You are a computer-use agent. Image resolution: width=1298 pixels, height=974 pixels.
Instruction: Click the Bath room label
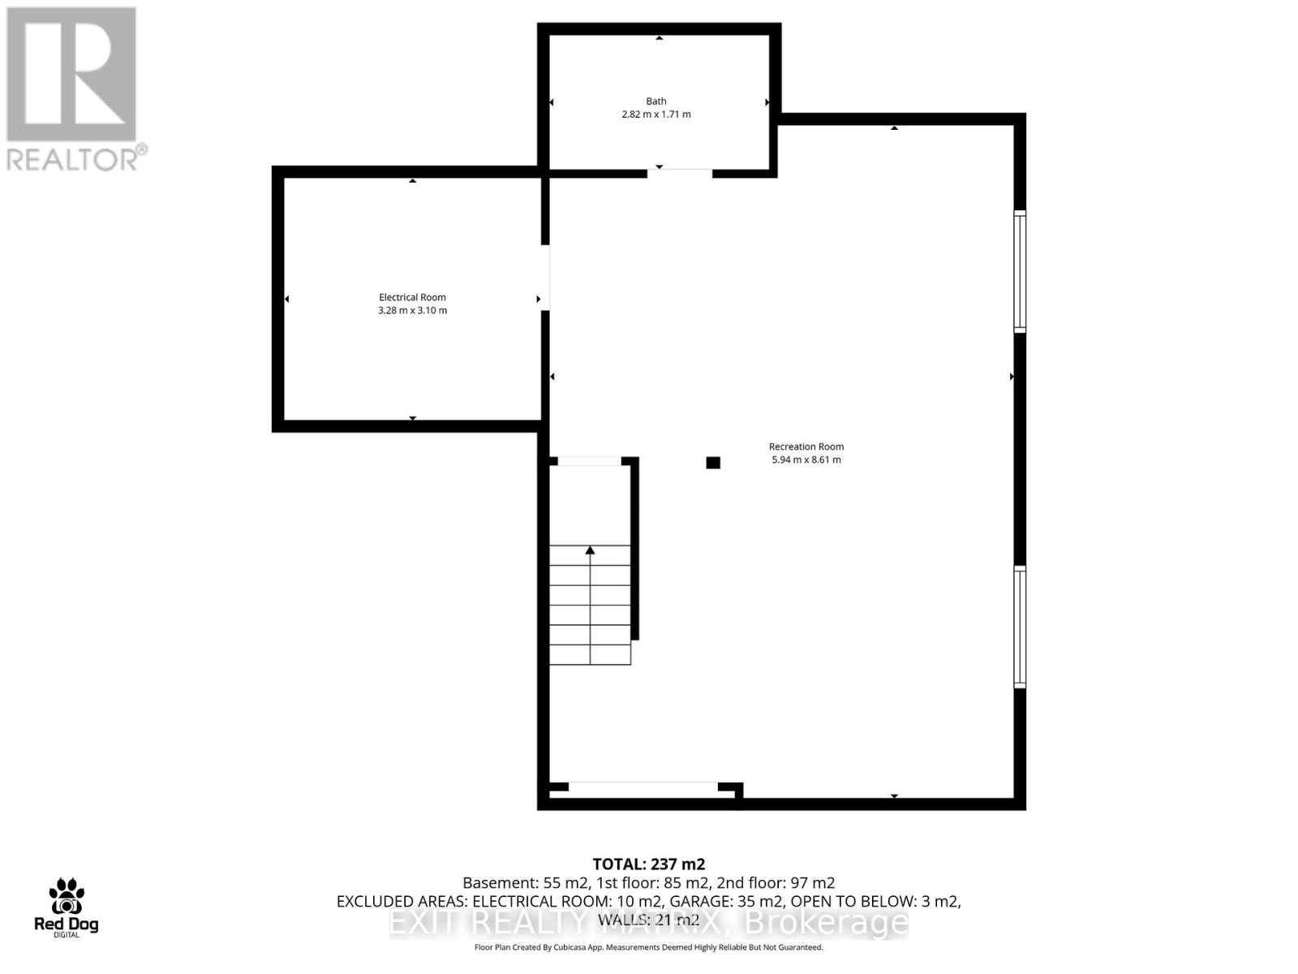point(655,101)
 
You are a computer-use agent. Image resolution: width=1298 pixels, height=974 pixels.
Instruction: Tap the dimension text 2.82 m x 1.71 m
point(655,114)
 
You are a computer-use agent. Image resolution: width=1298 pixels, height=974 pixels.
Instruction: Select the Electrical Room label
point(412,297)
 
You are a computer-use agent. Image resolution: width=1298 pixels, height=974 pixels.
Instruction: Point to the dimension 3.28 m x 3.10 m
point(412,310)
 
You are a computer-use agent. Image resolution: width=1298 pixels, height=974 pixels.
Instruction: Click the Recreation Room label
point(806,446)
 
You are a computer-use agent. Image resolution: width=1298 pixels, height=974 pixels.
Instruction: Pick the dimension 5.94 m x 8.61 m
point(806,459)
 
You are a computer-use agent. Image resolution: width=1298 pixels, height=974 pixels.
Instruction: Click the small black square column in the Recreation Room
point(713,463)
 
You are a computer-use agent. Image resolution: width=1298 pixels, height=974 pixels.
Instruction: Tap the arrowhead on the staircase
point(590,551)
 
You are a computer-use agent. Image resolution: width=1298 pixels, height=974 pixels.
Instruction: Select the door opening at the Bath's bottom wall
point(680,172)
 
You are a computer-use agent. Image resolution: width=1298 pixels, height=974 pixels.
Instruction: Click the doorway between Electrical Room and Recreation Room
point(545,277)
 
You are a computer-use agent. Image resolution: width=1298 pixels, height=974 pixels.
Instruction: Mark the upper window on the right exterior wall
point(1020,271)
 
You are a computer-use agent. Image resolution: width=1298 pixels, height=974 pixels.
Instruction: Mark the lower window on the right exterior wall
point(1020,627)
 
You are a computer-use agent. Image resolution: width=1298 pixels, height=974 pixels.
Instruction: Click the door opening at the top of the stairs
point(589,461)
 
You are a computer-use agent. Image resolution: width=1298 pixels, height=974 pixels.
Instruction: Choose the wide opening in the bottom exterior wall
point(643,787)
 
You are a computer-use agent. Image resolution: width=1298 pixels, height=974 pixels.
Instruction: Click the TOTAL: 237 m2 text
point(648,864)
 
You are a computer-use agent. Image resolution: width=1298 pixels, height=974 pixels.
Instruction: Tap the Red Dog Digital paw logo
point(66,897)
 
